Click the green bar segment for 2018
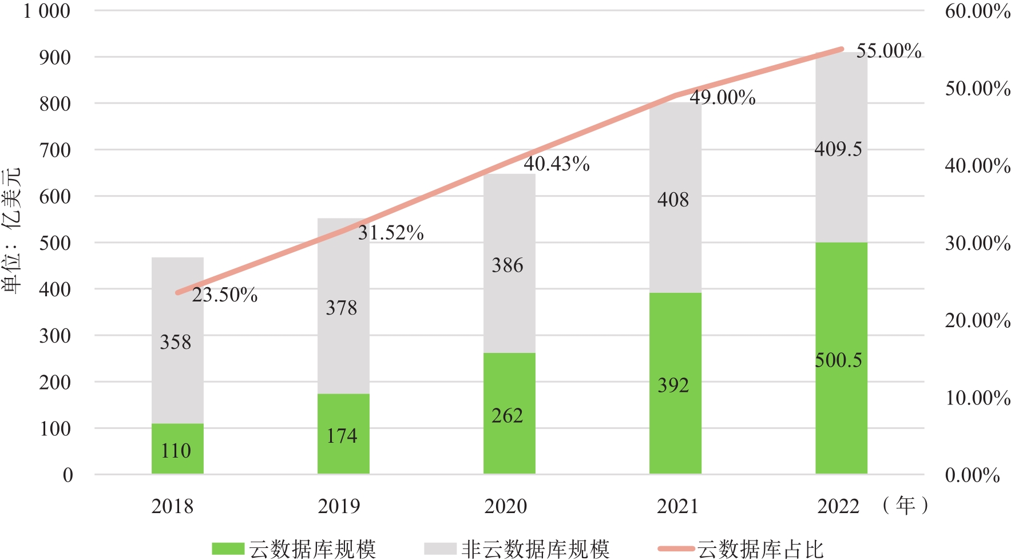pyautogui.click(x=177, y=448)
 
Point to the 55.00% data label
pyautogui.click(x=889, y=51)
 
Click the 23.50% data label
pyautogui.click(x=225, y=295)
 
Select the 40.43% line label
pyautogui.click(x=557, y=164)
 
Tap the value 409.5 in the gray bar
pyautogui.click(x=838, y=149)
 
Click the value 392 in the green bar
pyautogui.click(x=673, y=385)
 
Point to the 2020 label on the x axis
pyautogui.click(x=506, y=506)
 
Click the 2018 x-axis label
pyautogui.click(x=172, y=506)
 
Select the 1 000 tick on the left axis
pyautogui.click(x=47, y=11)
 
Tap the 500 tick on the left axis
pyautogui.click(x=55, y=243)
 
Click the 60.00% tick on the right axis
pyautogui.click(x=977, y=11)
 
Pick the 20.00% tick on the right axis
pyautogui.click(x=977, y=320)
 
